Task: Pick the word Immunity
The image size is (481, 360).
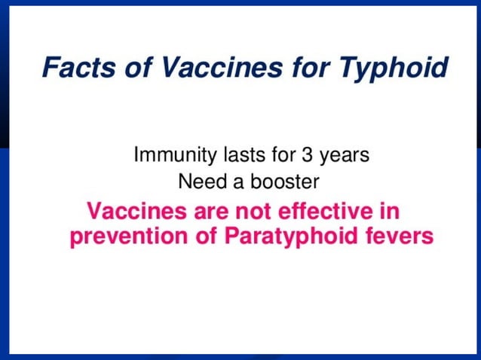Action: pos(168,156)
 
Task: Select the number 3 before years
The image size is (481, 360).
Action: pos(307,156)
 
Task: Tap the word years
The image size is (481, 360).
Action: pos(344,157)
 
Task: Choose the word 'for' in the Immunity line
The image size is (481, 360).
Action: pos(277,156)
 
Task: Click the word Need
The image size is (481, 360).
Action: pos(198,182)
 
